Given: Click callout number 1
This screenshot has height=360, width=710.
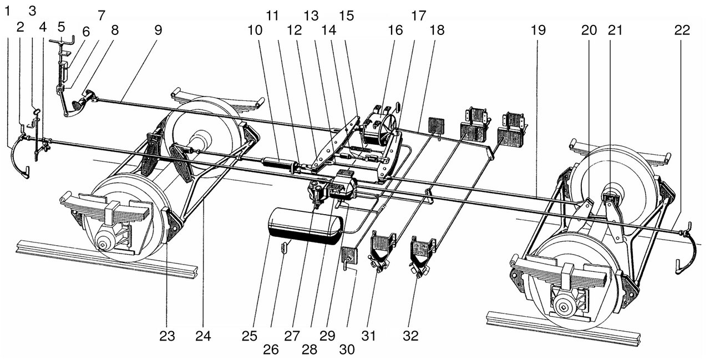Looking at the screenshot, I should pyautogui.click(x=8, y=11).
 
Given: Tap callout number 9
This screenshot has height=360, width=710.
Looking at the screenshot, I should pyautogui.click(x=159, y=31).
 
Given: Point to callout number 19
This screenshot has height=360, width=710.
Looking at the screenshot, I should pyautogui.click(x=537, y=31).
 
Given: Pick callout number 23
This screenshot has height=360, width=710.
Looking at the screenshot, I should pyautogui.click(x=168, y=336).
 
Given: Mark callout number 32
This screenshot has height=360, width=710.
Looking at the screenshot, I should pyautogui.click(x=412, y=336).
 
